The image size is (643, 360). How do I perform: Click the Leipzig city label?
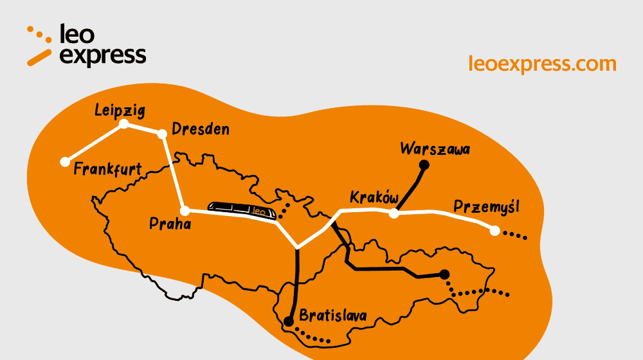click(120, 109)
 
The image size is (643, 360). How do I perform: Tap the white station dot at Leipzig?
click(124, 123)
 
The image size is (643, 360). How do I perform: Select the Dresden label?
click(201, 130)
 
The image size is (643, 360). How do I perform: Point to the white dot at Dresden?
click(161, 133)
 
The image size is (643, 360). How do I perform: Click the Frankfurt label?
click(107, 170)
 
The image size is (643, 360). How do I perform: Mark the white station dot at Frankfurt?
click(64, 162)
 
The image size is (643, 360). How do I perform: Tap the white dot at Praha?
click(185, 211)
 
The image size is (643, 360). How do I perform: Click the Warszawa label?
click(435, 149)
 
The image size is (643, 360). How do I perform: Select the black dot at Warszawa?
click(424, 165)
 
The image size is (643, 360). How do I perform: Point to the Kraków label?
click(375, 197)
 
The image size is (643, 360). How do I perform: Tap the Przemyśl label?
click(486, 207)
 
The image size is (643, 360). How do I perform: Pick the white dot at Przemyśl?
click(494, 230)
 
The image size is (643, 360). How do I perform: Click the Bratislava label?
click(333, 316)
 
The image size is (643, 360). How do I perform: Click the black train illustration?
click(242, 210)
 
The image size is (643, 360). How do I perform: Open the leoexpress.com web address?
click(543, 64)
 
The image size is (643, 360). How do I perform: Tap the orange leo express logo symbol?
click(39, 46)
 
